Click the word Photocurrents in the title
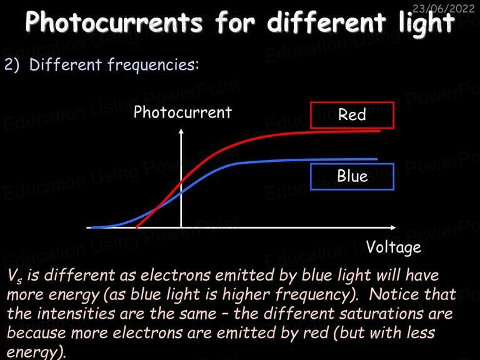point(114,22)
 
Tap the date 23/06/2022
point(443,8)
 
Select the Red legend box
point(352,115)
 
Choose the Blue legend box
point(352,177)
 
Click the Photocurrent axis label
point(182,112)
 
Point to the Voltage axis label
point(394,247)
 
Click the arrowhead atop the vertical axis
point(181,131)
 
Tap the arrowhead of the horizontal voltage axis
point(393,227)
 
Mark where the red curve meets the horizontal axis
point(137,227)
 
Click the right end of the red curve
point(380,131)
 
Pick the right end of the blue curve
point(377,159)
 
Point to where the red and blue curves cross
point(156,209)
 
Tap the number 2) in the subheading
point(12,65)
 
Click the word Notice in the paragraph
point(393,294)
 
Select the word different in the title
point(326,22)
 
